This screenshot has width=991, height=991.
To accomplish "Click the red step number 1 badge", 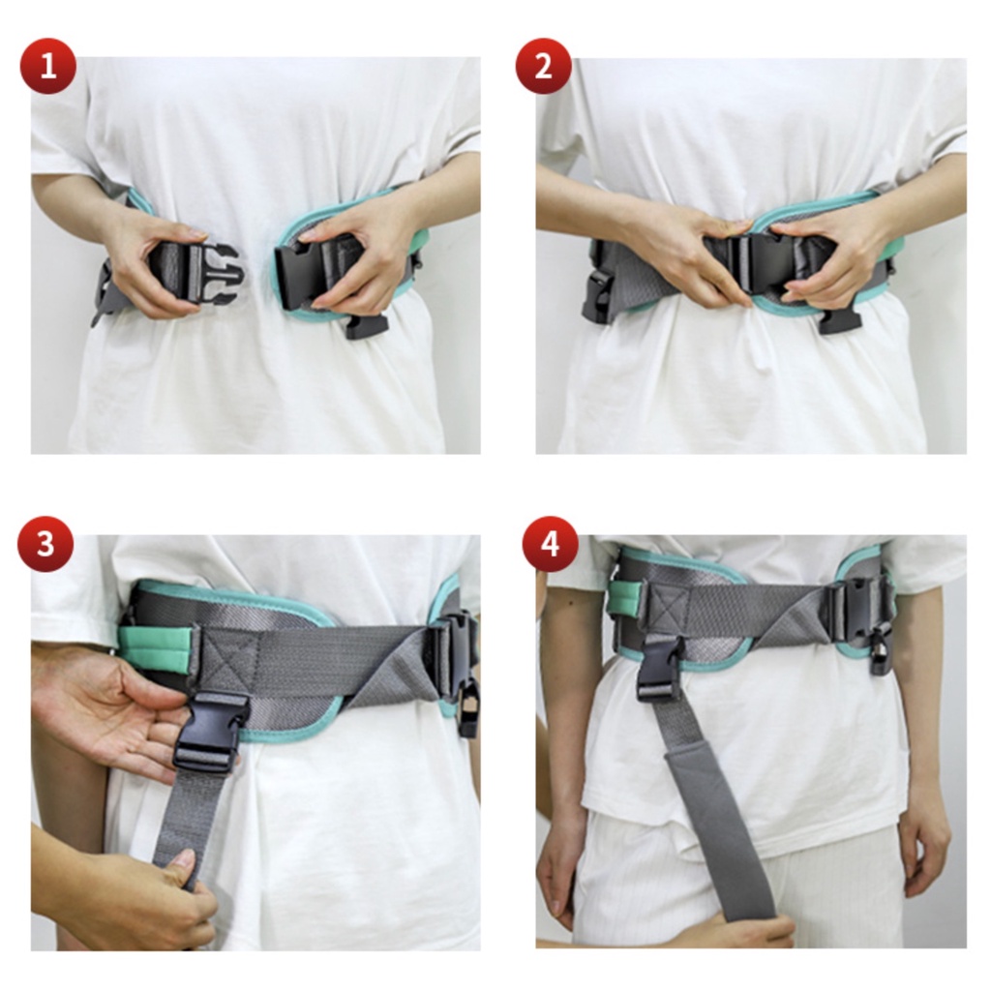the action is click(x=48, y=66).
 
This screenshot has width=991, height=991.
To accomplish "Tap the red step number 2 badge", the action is click(x=544, y=66).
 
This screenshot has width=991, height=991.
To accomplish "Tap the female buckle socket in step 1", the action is click(x=301, y=277).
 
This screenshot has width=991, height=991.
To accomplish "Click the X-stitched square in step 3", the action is click(x=228, y=658).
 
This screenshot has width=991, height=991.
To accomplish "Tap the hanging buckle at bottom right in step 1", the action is click(x=367, y=325).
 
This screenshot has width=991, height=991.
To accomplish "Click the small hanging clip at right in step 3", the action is click(x=468, y=706).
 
